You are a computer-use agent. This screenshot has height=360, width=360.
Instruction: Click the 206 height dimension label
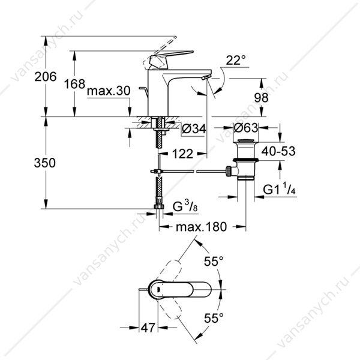[x=46, y=77]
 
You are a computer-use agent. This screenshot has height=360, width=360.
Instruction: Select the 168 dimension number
[x=74, y=84]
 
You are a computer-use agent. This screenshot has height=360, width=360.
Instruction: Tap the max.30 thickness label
[x=109, y=91]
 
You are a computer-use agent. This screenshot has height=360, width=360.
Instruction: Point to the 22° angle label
[x=236, y=61]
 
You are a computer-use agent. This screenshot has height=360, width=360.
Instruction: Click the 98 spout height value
[x=261, y=98]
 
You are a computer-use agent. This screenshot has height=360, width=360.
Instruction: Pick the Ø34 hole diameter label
[x=194, y=129]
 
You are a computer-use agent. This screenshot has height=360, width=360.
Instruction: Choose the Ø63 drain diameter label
[x=246, y=128]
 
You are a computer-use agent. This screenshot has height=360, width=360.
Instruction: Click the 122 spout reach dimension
[x=183, y=154]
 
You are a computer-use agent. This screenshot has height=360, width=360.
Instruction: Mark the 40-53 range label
[x=278, y=151]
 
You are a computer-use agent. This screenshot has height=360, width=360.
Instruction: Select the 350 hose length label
[x=45, y=163]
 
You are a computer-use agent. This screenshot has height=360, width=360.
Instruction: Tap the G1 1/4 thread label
[x=279, y=189]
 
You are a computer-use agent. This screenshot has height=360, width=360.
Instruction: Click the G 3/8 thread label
[x=185, y=206]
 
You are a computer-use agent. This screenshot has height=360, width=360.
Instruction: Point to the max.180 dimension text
[x=202, y=227]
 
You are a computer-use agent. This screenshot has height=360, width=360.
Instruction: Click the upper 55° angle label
[x=214, y=261]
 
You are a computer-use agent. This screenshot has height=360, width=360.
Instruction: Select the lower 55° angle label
[x=214, y=318]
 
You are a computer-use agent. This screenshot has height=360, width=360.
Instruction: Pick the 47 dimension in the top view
[x=148, y=328]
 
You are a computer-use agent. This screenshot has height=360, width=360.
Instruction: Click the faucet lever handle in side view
[x=170, y=59]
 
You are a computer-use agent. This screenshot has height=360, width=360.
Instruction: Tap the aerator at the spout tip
[x=206, y=77]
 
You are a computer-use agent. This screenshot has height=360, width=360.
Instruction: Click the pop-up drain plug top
[x=245, y=141]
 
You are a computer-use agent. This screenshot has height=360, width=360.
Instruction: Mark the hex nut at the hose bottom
[x=159, y=206]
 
